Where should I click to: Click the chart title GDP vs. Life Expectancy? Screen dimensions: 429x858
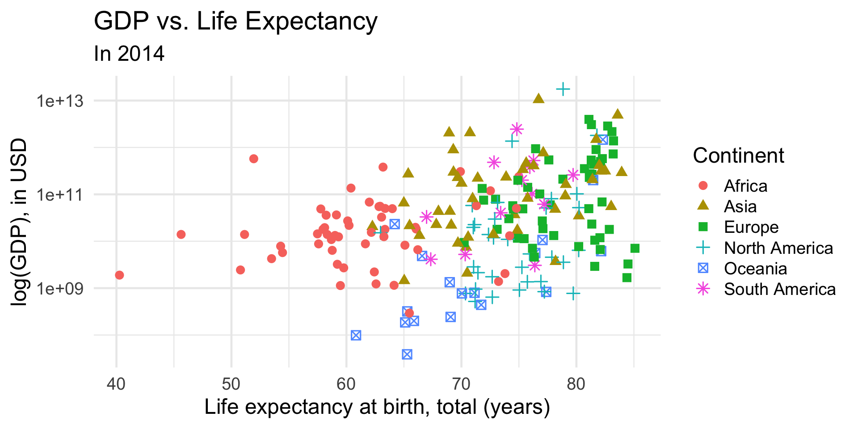click(236, 21)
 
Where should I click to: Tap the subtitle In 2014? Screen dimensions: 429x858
click(129, 54)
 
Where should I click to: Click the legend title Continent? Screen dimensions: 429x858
click(738, 156)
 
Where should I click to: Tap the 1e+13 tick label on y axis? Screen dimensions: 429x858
click(60, 101)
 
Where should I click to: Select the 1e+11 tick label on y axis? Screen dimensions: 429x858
click(60, 195)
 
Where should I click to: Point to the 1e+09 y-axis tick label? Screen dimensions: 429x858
click(60, 289)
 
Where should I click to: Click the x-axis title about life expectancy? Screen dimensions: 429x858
click(377, 407)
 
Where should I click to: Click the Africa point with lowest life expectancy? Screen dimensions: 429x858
click(119, 275)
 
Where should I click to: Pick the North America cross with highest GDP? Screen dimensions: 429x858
click(563, 89)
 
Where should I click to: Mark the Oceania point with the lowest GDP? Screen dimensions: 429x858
click(407, 354)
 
